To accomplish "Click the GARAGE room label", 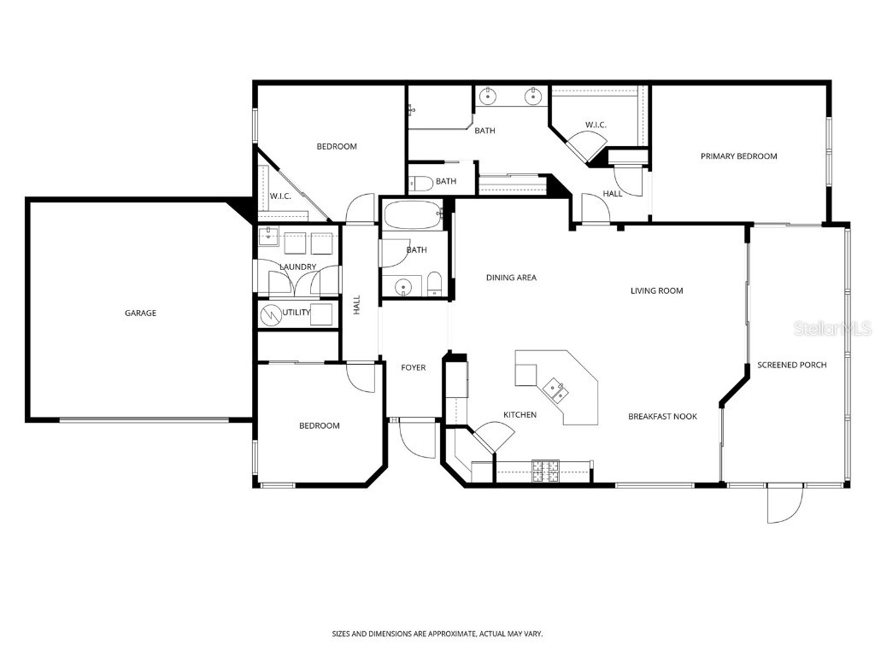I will point(140,313).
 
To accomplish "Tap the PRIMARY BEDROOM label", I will point(738,156).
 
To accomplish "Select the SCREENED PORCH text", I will point(791,366).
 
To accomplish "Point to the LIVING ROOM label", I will point(656,291).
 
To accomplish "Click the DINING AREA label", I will point(511,278).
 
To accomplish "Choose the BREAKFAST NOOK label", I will point(662,417).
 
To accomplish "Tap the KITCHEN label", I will point(520,415).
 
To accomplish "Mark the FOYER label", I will point(414,368).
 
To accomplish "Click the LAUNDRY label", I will point(298,267).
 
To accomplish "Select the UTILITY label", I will point(296,313).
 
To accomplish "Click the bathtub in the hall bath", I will point(412,214).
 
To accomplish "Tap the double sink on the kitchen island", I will point(556,389).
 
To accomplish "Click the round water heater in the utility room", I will point(271,314).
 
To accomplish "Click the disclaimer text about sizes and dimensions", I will point(437,634).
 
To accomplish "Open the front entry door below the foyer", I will point(415,437).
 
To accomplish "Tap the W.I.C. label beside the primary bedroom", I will point(596,126).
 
